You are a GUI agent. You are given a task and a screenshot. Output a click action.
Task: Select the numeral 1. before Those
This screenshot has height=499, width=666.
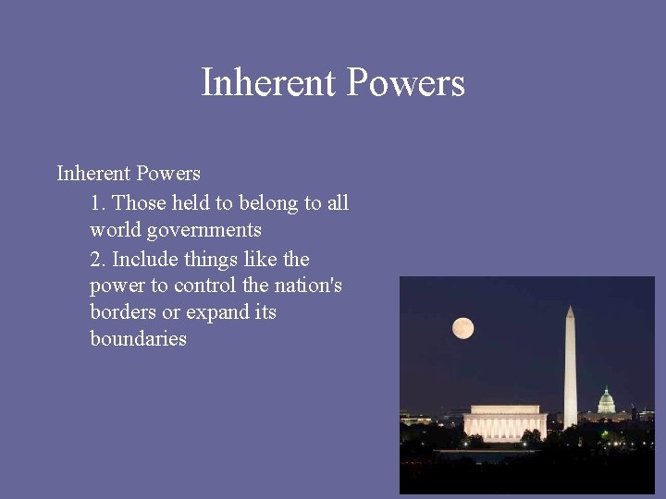point(98,202)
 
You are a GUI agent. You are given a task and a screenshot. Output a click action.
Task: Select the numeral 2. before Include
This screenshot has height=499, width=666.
point(98,259)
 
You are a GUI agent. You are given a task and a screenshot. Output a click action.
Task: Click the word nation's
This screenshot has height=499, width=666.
point(308,286)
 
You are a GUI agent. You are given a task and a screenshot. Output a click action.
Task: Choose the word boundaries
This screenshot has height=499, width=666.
point(138,339)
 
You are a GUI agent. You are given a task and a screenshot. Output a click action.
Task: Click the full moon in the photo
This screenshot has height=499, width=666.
point(462,328)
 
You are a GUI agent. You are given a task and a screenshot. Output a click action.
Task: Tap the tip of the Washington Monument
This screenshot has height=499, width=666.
point(570,308)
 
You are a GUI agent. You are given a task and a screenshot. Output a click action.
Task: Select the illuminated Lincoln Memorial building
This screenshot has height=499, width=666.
point(505,423)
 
